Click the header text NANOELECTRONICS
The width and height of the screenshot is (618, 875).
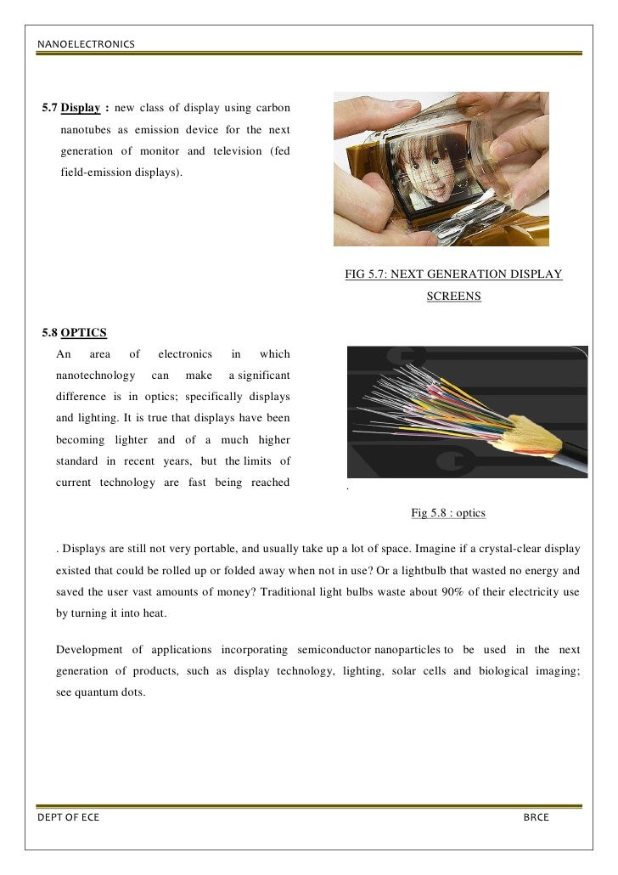(x=85, y=43)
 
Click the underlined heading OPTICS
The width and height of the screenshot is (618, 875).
(x=84, y=331)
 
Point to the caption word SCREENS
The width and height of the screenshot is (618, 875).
(x=453, y=296)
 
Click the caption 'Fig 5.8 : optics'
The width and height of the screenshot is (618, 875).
(x=447, y=513)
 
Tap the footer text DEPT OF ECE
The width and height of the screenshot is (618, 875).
(x=68, y=817)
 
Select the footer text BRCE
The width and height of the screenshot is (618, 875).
(x=536, y=817)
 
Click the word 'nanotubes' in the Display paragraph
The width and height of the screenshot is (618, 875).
(x=88, y=130)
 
